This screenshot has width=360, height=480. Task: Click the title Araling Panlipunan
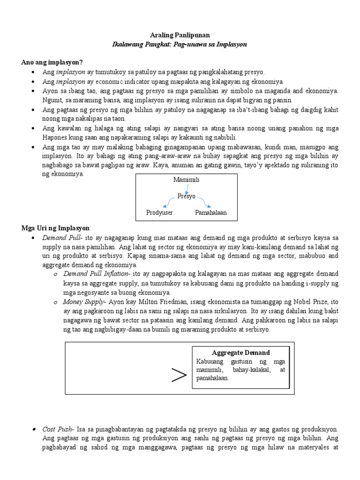tap(180, 35)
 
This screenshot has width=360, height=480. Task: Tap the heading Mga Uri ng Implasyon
tap(55, 228)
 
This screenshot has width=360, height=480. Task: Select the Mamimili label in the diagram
tap(186, 180)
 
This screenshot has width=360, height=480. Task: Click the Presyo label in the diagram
tap(186, 196)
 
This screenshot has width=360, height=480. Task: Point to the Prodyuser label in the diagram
tap(159, 212)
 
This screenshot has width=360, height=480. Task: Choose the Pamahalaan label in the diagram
tap(210, 212)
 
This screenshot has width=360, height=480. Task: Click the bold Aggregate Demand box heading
tap(240, 352)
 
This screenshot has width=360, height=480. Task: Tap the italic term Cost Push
tap(57, 429)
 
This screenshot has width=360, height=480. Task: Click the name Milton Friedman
tap(150, 302)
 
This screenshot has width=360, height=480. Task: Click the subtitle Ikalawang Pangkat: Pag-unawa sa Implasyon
tap(180, 45)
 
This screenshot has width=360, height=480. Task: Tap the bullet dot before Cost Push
tap(35, 429)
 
